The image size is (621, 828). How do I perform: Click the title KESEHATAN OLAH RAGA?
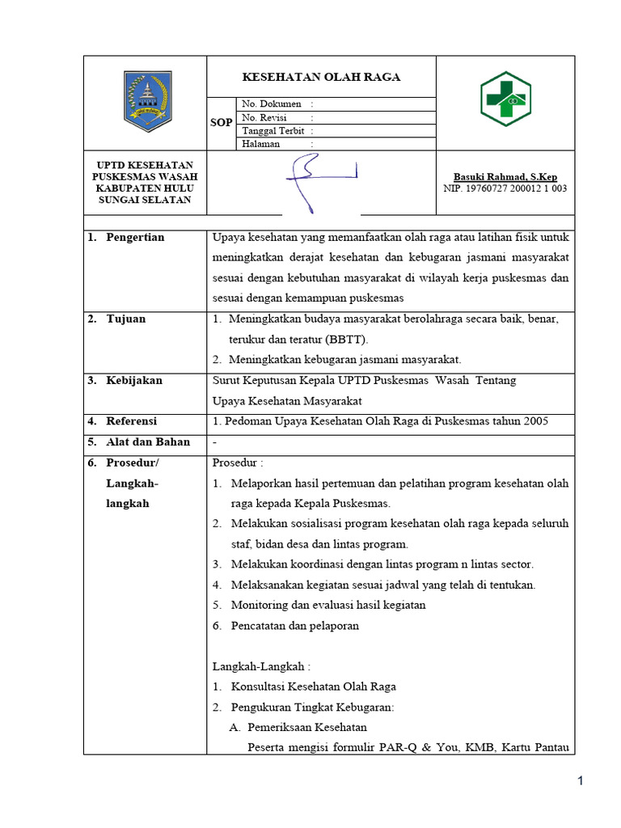point(322,78)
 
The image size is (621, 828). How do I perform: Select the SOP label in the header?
point(222,123)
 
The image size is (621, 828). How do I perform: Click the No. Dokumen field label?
point(271,104)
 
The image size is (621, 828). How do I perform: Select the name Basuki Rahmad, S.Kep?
point(505,177)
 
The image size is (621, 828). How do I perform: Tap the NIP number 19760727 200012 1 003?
point(505,188)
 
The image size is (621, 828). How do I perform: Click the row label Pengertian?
point(135,237)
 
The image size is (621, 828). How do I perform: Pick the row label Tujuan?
point(126,319)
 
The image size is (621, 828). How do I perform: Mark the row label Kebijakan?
point(134,380)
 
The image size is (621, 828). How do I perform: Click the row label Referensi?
point(132,421)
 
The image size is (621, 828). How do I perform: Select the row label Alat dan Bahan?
point(148,441)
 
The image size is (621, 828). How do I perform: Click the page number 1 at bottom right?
point(580,780)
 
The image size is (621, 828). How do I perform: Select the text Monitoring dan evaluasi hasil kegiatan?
point(328,605)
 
